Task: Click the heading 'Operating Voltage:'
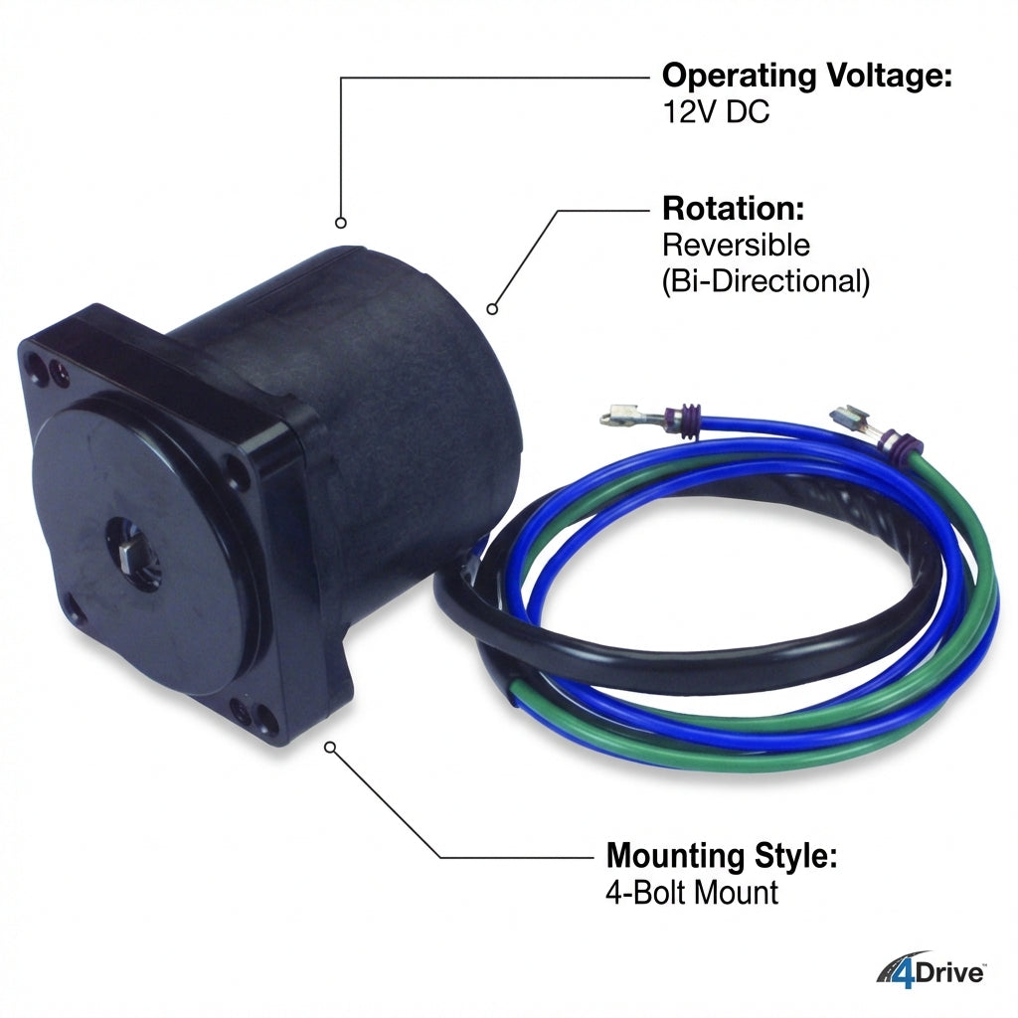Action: (807, 76)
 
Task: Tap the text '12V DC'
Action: (716, 111)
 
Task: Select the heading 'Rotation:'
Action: (734, 209)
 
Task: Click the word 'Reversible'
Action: (737, 245)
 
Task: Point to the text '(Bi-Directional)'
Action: (766, 281)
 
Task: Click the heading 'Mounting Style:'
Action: (722, 855)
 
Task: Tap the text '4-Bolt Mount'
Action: (692, 892)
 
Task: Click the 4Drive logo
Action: (931, 972)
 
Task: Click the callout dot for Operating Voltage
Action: (341, 223)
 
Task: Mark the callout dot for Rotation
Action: (492, 309)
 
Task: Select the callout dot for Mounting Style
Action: (330, 748)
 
